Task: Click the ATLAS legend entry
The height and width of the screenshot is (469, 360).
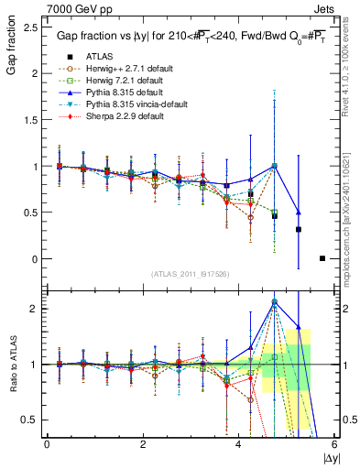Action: click(99, 56)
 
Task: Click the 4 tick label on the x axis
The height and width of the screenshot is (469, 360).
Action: click(239, 443)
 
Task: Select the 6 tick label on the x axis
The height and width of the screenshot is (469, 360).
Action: click(334, 443)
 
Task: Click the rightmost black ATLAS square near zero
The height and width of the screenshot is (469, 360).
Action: click(322, 258)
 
